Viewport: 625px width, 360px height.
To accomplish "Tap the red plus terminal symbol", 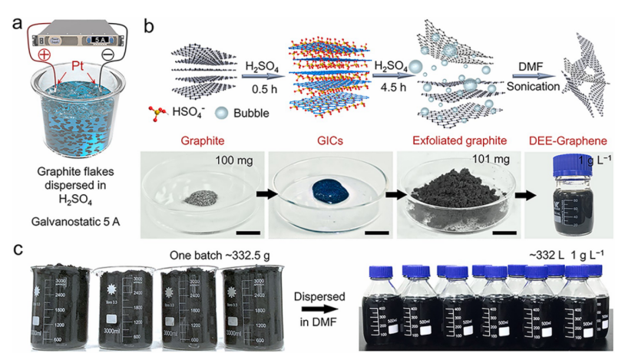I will click(x=44, y=56).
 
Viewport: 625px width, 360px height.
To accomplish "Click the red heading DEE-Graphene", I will click(x=577, y=143).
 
